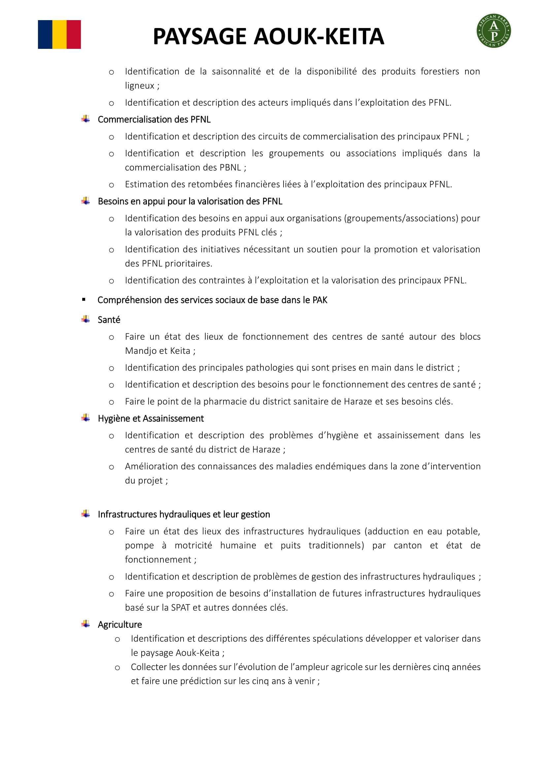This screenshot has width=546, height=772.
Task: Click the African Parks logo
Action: pyautogui.click(x=494, y=31)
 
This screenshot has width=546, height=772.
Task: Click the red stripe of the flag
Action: pyautogui.click(x=74, y=35)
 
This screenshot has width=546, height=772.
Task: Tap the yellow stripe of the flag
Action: pyautogui.click(x=59, y=35)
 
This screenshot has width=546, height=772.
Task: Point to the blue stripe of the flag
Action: pyautogui.click(x=45, y=35)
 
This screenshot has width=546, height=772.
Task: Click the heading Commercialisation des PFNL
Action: pyautogui.click(x=154, y=119)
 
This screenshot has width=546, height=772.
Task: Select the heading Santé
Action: pyautogui.click(x=109, y=320)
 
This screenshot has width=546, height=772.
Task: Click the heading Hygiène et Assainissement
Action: pyautogui.click(x=151, y=419)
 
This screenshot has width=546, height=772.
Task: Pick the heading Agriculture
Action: pyautogui.click(x=120, y=625)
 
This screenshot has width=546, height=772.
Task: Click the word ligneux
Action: pyautogui.click(x=140, y=86)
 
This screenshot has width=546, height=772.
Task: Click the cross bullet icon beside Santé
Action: pyautogui.click(x=86, y=319)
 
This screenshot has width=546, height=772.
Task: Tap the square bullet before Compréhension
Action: pyautogui.click(x=84, y=299)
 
